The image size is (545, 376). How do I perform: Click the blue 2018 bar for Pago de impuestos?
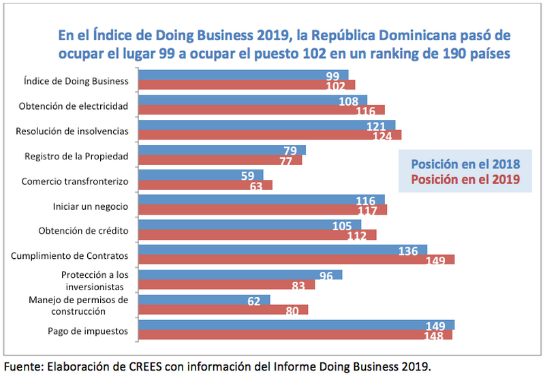pos(296,324)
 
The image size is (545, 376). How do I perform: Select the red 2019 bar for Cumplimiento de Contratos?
pos(296,260)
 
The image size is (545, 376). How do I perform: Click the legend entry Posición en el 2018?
pos(465,164)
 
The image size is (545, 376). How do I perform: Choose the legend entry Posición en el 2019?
pos(465,179)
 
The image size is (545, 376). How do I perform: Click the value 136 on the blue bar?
pos(408,251)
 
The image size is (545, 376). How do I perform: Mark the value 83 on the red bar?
pos(298,285)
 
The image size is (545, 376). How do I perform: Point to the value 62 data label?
pos(253,300)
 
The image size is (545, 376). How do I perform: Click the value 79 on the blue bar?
pos(290,151)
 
